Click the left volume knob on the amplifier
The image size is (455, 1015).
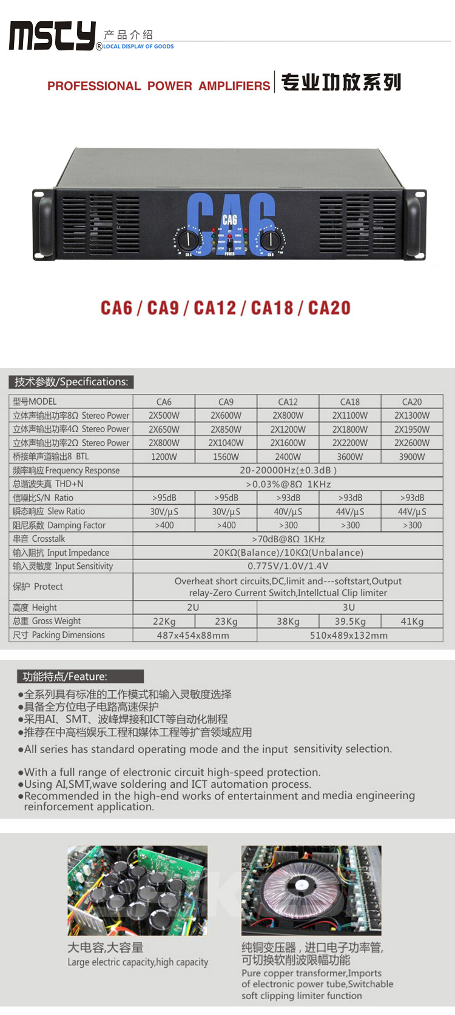[x=189, y=239]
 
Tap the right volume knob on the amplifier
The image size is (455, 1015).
[x=271, y=239]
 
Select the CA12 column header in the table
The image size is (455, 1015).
[x=288, y=402]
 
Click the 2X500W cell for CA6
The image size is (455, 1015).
[x=164, y=416]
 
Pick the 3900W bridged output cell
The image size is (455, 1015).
[x=411, y=457]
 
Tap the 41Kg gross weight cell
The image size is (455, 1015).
[x=411, y=621]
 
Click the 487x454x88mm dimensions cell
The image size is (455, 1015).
[x=193, y=635]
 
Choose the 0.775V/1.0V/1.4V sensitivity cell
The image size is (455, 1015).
[x=288, y=566]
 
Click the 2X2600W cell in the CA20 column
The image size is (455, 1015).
[x=411, y=443]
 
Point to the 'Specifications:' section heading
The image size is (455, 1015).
[x=72, y=382]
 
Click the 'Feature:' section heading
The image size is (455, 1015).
[x=65, y=676]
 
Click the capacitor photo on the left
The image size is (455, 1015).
[x=138, y=890]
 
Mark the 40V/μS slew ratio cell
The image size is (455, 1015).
[x=288, y=511]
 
